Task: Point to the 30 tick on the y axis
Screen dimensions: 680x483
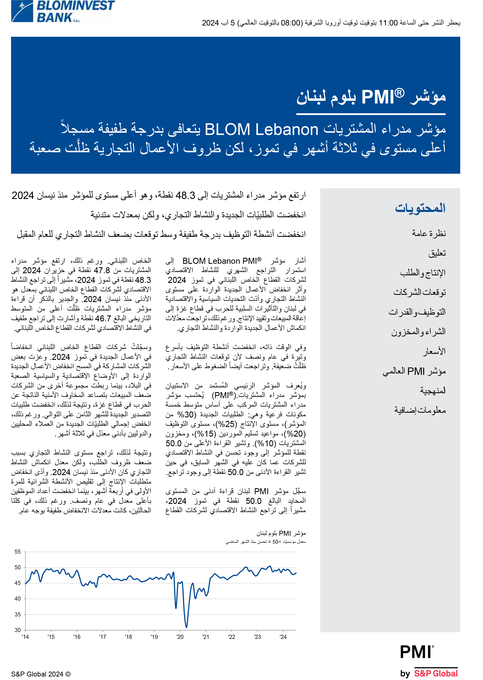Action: pyautogui.click(x=18, y=630)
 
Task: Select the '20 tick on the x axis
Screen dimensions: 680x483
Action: pyautogui.click(x=180, y=637)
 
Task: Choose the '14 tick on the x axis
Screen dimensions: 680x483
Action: pyautogui.click(x=25, y=637)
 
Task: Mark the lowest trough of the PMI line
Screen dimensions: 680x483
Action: pyautogui.click(x=186, y=627)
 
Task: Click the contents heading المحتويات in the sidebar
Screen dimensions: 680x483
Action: pyautogui.click(x=420, y=208)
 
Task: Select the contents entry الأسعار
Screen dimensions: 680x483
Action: pyautogui.click(x=434, y=351)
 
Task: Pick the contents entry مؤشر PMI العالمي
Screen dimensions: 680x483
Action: pyautogui.click(x=414, y=371)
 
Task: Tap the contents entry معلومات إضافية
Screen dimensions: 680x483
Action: pyautogui.click(x=420, y=410)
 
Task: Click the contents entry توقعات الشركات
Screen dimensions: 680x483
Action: pyautogui.click(x=419, y=292)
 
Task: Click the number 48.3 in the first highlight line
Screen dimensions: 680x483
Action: pyautogui.click(x=185, y=195)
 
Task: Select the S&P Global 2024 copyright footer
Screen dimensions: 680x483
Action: pyautogui.click(x=41, y=674)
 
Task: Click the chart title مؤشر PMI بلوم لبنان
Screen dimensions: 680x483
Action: pyautogui.click(x=281, y=533)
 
